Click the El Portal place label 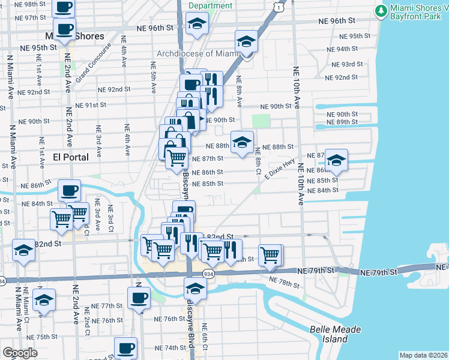(71, 157)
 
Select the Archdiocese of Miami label (198, 53)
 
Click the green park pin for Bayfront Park (381, 11)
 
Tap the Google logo (20, 353)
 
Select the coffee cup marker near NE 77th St (139, 298)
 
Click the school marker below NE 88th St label (242, 143)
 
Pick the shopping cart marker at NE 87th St (176, 158)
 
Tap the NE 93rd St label (341, 64)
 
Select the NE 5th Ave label (153, 78)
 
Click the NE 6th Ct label (204, 337)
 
